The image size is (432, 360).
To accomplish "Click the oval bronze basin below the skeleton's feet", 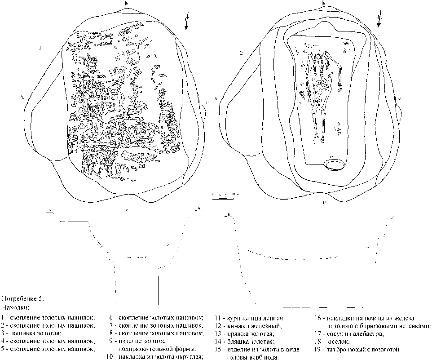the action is coord(335,164).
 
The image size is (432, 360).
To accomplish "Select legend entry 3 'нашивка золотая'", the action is coord(34,333).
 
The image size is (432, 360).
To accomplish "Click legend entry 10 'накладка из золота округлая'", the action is coord(154,357).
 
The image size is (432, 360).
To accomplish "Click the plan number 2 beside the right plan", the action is coord(242,53).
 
